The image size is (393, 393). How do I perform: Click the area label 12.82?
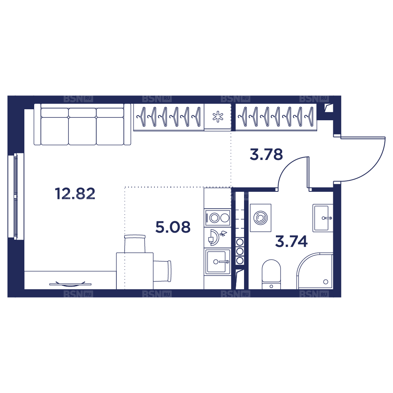click(x=75, y=194)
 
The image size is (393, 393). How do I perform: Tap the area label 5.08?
click(x=173, y=227)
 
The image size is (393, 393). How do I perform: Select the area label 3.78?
click(x=266, y=154)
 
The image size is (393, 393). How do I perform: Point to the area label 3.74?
click(x=291, y=241)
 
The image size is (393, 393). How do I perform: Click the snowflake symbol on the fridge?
click(x=218, y=117)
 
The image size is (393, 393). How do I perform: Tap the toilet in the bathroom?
click(x=271, y=274)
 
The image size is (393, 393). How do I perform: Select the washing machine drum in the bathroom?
click(x=261, y=218)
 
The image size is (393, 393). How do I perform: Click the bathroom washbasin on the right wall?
click(x=323, y=218)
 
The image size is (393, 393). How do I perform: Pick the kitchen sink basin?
click(x=217, y=262)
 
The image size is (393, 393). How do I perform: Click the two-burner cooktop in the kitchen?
click(x=217, y=218)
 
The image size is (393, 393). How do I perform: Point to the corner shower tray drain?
click(x=325, y=282)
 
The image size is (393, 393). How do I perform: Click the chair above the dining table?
click(x=135, y=244)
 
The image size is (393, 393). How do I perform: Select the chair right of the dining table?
click(x=162, y=271)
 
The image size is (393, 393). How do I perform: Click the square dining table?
click(x=135, y=271)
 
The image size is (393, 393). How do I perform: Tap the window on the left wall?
click(x=16, y=196)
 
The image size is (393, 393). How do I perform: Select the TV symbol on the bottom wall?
click(x=70, y=284)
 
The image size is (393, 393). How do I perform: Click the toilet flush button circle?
click(x=271, y=286)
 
